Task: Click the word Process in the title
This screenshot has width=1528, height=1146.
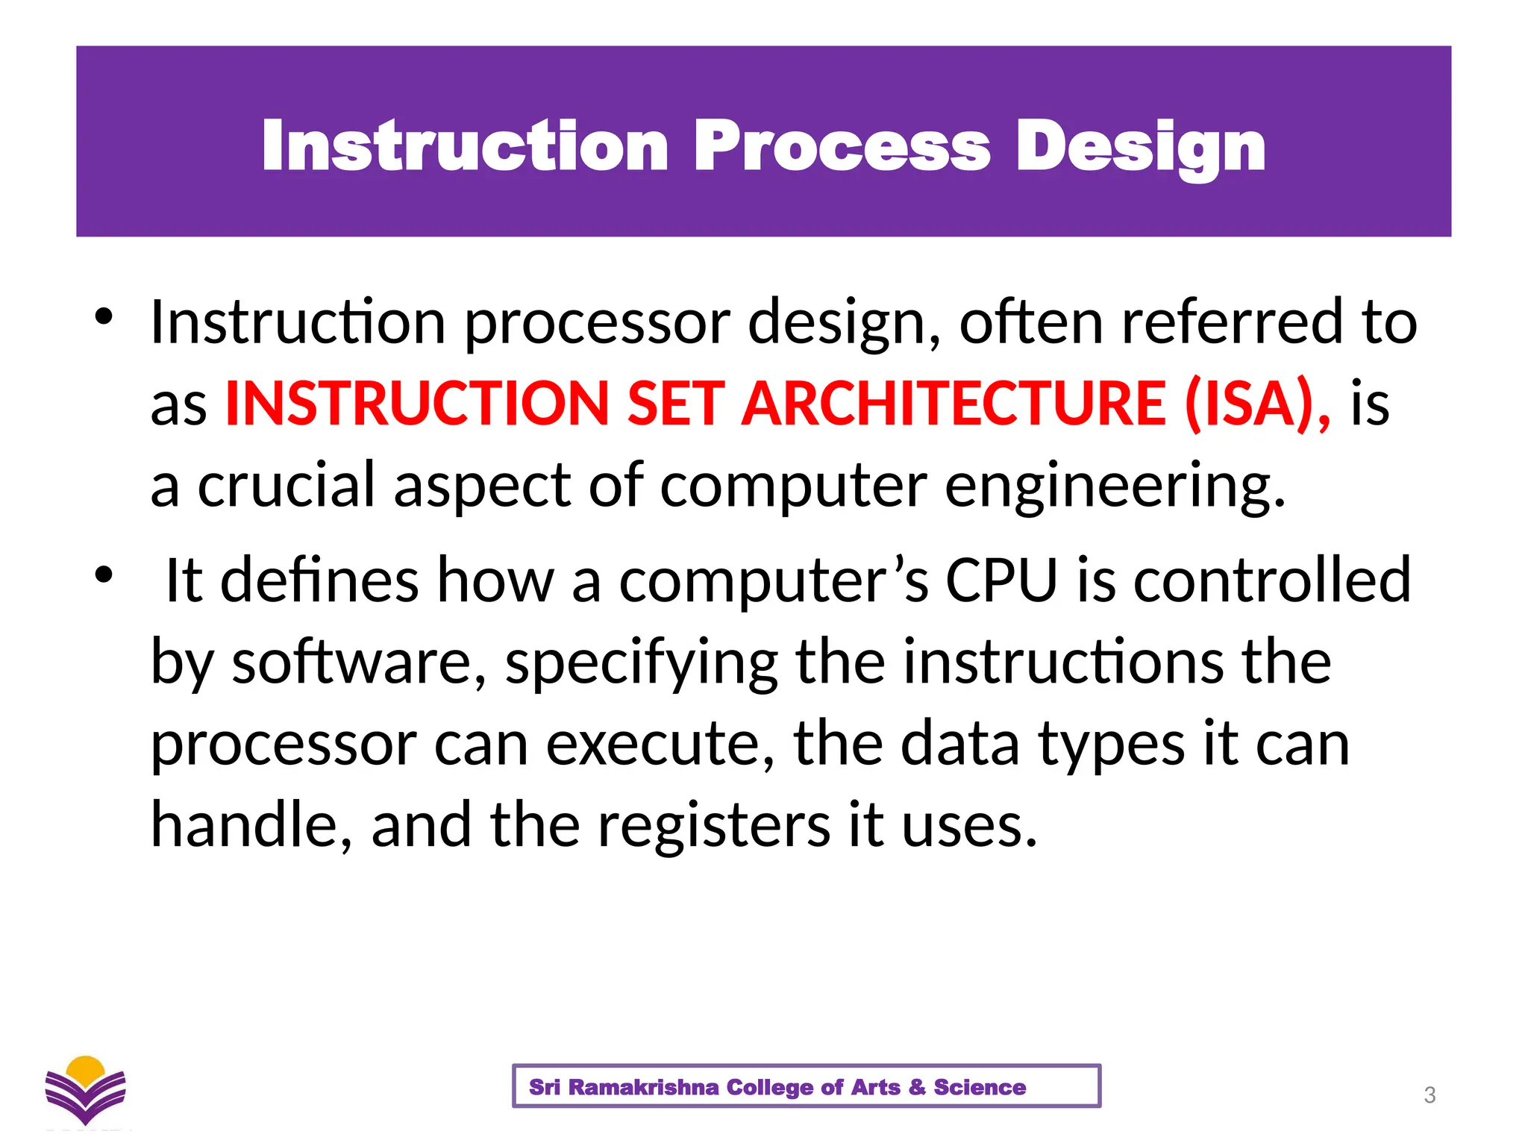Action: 842,146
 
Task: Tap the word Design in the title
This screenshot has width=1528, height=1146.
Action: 1141,146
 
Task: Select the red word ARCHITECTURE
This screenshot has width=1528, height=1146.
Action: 954,404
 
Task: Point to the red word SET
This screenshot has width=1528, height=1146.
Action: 675,404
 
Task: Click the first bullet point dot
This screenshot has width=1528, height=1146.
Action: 104,316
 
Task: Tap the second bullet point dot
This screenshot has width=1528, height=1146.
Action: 104,574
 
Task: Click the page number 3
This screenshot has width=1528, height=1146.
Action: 1430,1095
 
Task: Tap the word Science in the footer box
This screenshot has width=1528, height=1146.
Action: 980,1087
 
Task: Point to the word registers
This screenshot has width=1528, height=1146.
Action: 714,825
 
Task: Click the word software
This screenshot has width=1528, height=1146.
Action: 360,662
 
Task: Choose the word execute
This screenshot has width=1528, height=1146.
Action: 660,744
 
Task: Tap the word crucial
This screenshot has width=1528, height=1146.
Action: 286,485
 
